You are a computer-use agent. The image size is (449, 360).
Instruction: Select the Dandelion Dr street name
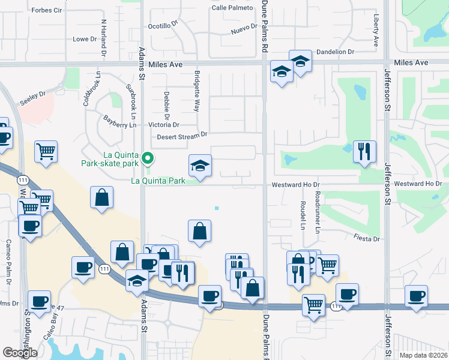pos(336,52)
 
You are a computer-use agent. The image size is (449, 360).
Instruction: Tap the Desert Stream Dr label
pos(182,136)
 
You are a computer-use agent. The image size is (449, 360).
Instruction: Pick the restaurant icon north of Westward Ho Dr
pos(364,151)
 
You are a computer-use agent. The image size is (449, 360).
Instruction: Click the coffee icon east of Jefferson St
pos(417,295)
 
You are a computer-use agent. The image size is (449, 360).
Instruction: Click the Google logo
pos(20,353)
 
